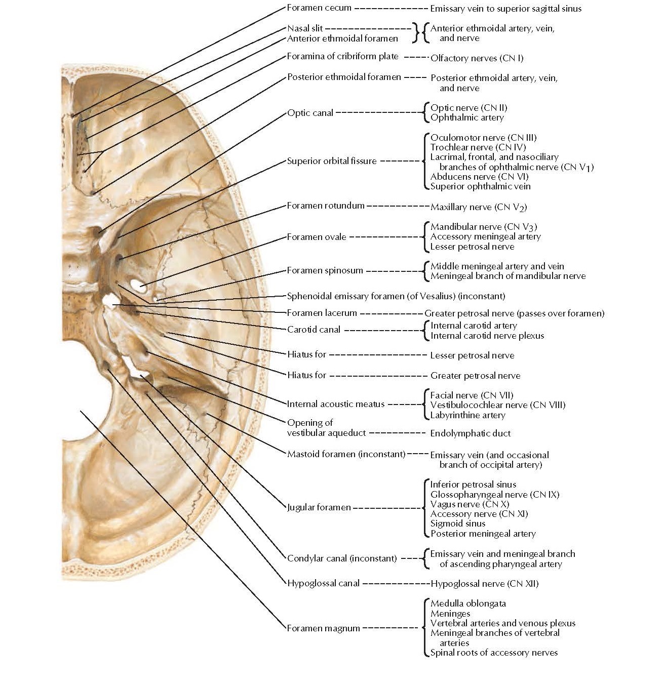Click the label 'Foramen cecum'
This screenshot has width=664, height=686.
pos(319,8)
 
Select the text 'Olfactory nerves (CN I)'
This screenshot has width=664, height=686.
pos(477,58)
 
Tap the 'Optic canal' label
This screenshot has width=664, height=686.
pos(310,113)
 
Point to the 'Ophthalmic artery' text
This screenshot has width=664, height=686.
pos(467,117)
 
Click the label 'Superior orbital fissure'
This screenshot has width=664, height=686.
pos(332,161)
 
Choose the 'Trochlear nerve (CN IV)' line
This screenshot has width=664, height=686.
pos(478,147)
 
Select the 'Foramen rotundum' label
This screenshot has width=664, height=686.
pos(326,206)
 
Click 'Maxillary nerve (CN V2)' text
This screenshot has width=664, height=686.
pos(479,207)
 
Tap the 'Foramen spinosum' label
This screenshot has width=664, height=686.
pos(325,270)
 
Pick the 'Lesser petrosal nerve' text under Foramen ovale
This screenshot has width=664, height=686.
pos(472,247)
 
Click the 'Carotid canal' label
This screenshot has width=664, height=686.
pos(314,330)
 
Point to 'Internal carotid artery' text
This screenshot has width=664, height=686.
pos(474,326)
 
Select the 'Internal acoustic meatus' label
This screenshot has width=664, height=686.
pos(336,404)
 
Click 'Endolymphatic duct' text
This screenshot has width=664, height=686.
pos(470,433)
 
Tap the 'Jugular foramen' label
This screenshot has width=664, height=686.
pos(319,507)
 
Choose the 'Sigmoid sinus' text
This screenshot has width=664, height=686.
pos(457,523)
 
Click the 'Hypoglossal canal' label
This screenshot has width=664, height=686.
pos(323,583)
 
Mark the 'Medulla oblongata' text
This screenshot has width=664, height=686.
pos(468,603)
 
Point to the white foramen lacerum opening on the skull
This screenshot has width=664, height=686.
pos(109,302)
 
